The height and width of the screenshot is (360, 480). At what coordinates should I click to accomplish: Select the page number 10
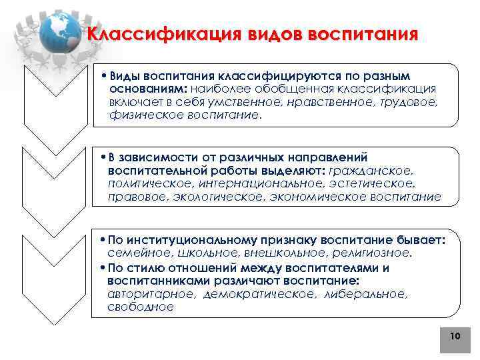455,337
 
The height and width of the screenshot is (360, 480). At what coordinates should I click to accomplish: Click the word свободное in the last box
140,307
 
